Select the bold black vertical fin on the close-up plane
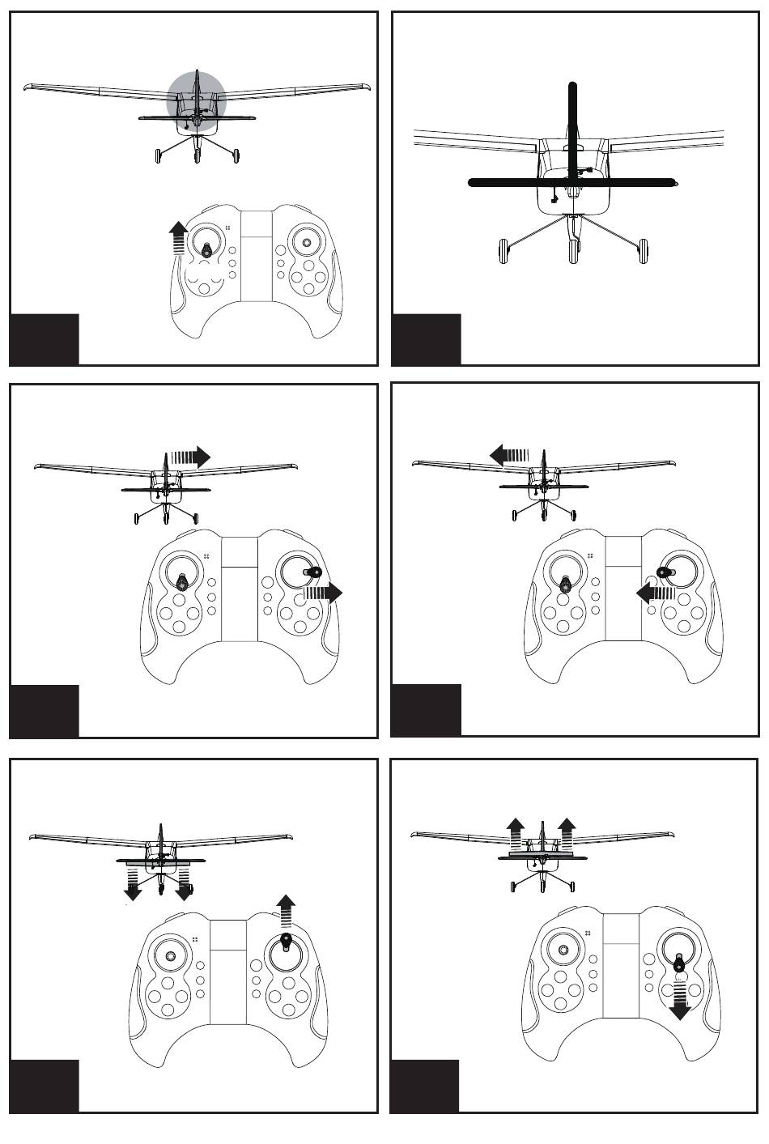[x=572, y=121]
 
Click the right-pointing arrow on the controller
[x=323, y=593]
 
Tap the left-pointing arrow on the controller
[x=656, y=593]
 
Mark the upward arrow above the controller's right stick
[x=285, y=912]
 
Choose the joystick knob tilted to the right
[x=312, y=572]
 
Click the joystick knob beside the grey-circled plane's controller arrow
[x=208, y=250]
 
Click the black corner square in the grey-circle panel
[x=45, y=339]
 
